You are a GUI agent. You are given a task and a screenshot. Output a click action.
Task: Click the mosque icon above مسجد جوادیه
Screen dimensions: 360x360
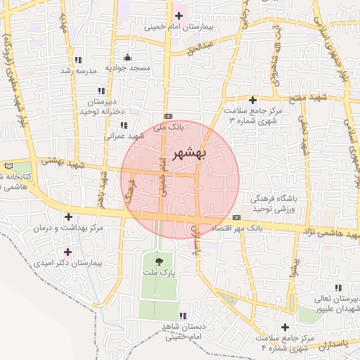(x=127, y=57)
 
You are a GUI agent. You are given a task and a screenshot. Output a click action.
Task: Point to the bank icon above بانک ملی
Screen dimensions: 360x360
(x=167, y=116)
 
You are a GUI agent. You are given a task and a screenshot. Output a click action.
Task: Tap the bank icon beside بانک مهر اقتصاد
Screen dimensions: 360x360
(x=236, y=217)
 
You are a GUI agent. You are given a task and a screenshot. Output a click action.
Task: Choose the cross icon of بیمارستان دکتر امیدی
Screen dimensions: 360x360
(x=68, y=252)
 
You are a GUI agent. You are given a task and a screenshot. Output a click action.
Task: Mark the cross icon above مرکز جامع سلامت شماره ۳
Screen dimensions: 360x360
(x=252, y=100)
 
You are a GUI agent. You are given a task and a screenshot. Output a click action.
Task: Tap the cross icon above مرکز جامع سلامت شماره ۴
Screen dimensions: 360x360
(x=285, y=328)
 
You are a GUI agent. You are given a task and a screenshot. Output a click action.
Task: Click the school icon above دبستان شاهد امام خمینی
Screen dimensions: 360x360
(x=183, y=316)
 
